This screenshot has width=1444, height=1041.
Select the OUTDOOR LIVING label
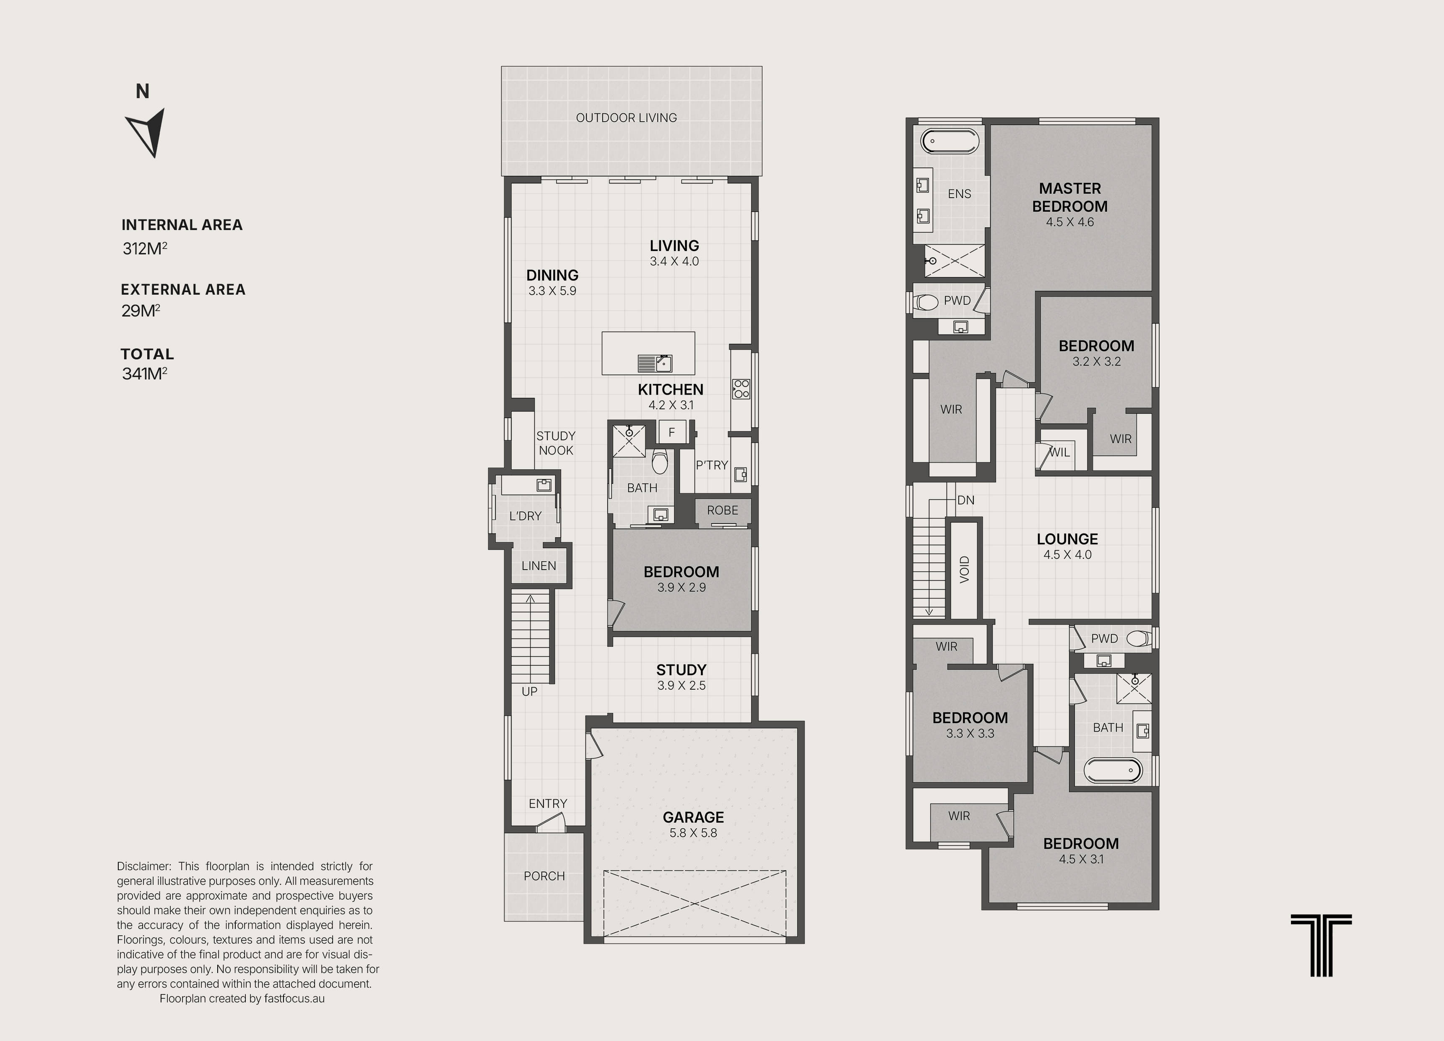click(x=627, y=118)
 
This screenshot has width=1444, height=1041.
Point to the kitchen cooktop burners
click(x=741, y=389)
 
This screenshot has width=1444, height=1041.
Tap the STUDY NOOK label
click(x=556, y=443)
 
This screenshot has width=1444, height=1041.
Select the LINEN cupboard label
click(x=539, y=566)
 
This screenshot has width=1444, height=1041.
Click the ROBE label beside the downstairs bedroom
click(x=723, y=510)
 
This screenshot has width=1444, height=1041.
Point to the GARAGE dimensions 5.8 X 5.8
click(x=693, y=833)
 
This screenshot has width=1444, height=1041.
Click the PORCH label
click(x=544, y=876)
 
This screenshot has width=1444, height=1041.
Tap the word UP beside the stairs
click(x=530, y=691)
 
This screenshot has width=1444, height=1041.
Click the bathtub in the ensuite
click(x=949, y=141)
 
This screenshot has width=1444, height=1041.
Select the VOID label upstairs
click(x=965, y=570)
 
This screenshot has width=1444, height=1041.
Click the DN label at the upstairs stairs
click(x=966, y=500)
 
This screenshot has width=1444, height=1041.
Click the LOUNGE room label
click(x=1068, y=539)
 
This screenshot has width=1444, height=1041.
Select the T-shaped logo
click(x=1321, y=945)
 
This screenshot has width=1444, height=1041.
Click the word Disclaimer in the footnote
click(x=144, y=866)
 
